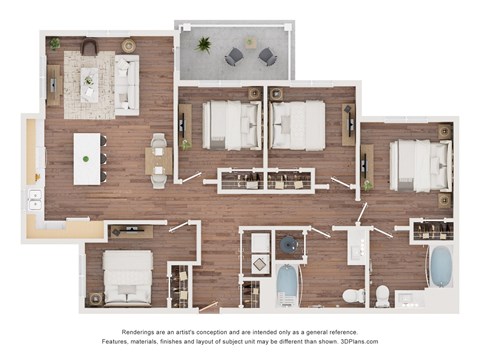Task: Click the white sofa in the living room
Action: point(127,84)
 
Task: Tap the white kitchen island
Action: point(88,158)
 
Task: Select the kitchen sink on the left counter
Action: point(35,199)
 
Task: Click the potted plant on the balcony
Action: point(204,44)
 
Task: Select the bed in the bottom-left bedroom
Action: point(127,277)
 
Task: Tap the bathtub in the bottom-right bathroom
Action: point(440,267)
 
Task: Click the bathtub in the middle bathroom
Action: point(288,284)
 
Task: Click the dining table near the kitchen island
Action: point(158,160)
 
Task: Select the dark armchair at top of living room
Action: point(90,47)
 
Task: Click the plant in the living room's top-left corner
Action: point(54,44)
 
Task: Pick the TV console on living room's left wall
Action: point(53,85)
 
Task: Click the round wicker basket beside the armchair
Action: point(128,46)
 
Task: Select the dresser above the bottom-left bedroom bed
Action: point(130,232)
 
